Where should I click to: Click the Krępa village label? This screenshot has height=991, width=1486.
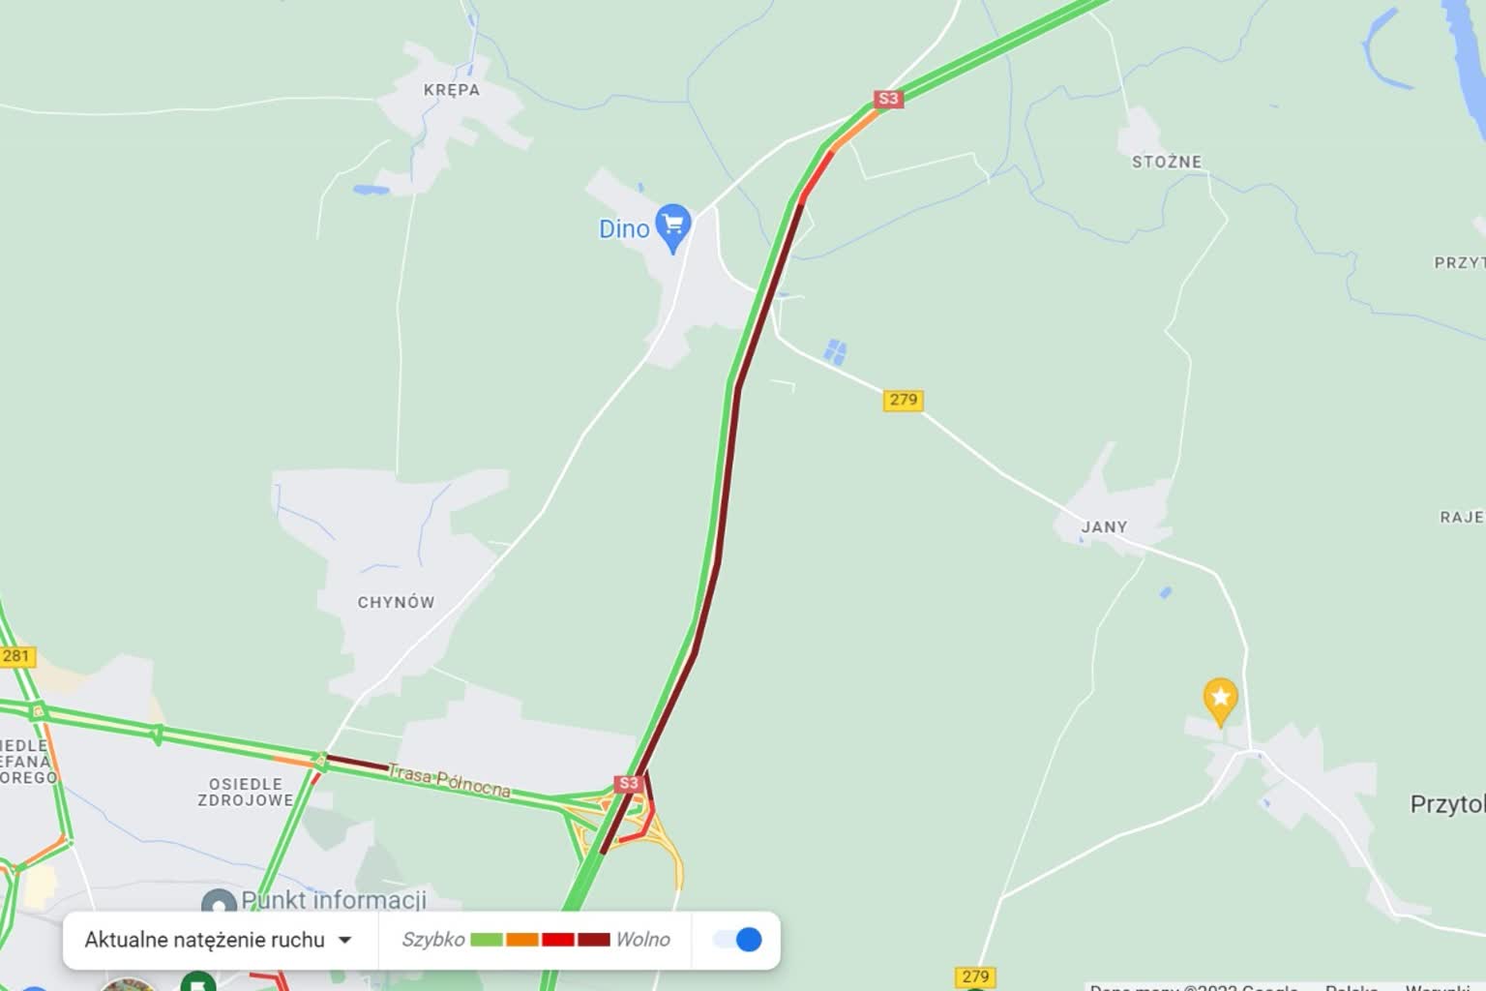coord(451,90)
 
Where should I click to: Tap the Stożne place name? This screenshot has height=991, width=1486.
coord(1167,162)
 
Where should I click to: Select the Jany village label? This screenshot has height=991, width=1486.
coord(1104,527)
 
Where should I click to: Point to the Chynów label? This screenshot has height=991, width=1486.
coord(396,602)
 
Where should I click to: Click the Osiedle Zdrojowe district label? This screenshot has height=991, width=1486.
coord(246,792)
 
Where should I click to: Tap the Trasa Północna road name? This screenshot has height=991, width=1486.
coord(449,781)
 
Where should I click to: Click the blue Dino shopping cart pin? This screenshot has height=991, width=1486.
coord(672,226)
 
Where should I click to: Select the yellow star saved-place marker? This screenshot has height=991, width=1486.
coord(1220,699)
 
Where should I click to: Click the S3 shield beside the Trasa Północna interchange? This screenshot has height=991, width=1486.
coord(628,783)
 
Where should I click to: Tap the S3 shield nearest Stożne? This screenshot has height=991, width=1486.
coord(887,99)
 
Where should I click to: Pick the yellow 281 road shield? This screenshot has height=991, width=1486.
coord(16,656)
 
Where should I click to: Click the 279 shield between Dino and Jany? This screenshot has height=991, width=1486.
coord(903,400)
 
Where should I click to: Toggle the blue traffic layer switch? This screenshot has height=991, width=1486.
coord(738,940)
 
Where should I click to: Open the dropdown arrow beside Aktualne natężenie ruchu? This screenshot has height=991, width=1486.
coord(344,940)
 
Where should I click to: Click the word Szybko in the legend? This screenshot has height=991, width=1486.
coord(432,940)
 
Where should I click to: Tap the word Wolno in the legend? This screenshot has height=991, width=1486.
coord(642,940)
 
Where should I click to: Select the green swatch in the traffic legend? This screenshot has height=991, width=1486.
coord(487,940)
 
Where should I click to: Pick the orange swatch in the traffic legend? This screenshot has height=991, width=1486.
coord(522,940)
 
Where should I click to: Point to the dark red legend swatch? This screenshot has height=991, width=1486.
coord(593,940)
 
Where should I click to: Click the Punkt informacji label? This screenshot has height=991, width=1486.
coord(333,900)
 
